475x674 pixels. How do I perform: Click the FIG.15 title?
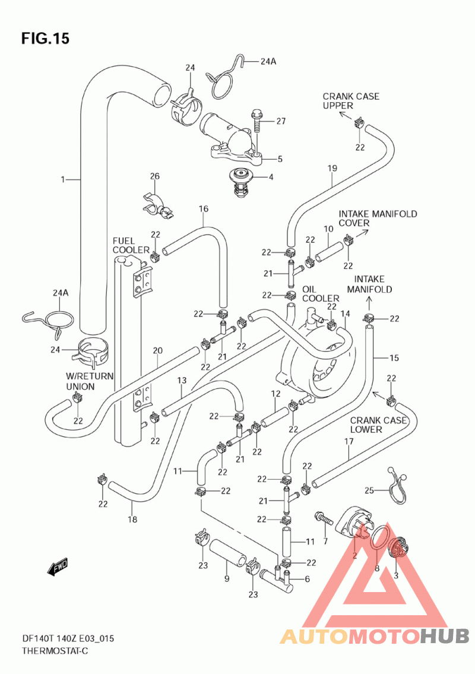tap(45, 39)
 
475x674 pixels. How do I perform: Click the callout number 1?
tap(63, 179)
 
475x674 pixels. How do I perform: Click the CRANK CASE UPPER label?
tap(351, 101)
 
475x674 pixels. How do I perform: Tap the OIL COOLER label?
tap(320, 293)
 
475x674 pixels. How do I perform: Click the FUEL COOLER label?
tap(131, 245)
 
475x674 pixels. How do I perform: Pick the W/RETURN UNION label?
tap(90, 381)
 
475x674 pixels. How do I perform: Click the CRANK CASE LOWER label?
tap(378, 425)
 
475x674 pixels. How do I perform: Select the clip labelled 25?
tap(397, 485)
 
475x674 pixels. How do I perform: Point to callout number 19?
tap(332, 168)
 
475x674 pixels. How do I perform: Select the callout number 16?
tap(203, 209)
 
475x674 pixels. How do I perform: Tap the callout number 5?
tap(280, 159)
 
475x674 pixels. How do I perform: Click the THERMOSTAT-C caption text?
tap(55, 651)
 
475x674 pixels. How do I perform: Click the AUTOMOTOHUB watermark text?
tap(375, 636)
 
